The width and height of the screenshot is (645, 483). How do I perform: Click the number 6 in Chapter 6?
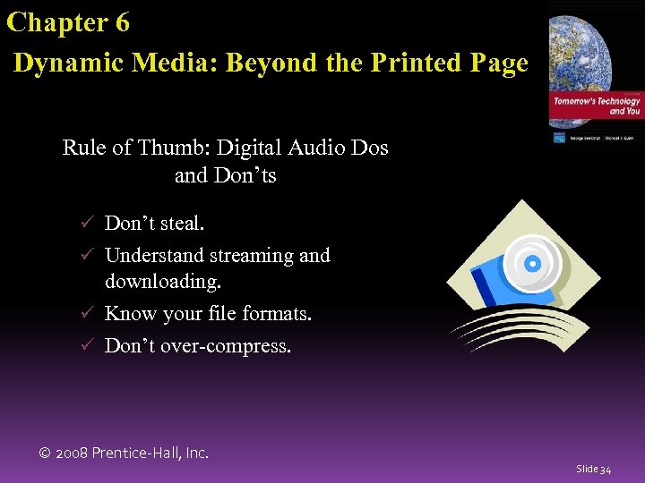(x=121, y=22)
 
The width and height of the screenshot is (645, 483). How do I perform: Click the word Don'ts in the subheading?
(x=245, y=175)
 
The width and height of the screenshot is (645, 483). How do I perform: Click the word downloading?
(x=162, y=282)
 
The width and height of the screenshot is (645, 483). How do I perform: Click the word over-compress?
(x=225, y=345)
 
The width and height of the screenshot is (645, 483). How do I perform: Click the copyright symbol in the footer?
(x=45, y=453)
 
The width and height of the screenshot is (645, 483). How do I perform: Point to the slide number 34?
(x=606, y=469)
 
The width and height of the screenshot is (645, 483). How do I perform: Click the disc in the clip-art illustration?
(x=532, y=263)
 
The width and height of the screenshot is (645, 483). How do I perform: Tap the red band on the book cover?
(x=596, y=106)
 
